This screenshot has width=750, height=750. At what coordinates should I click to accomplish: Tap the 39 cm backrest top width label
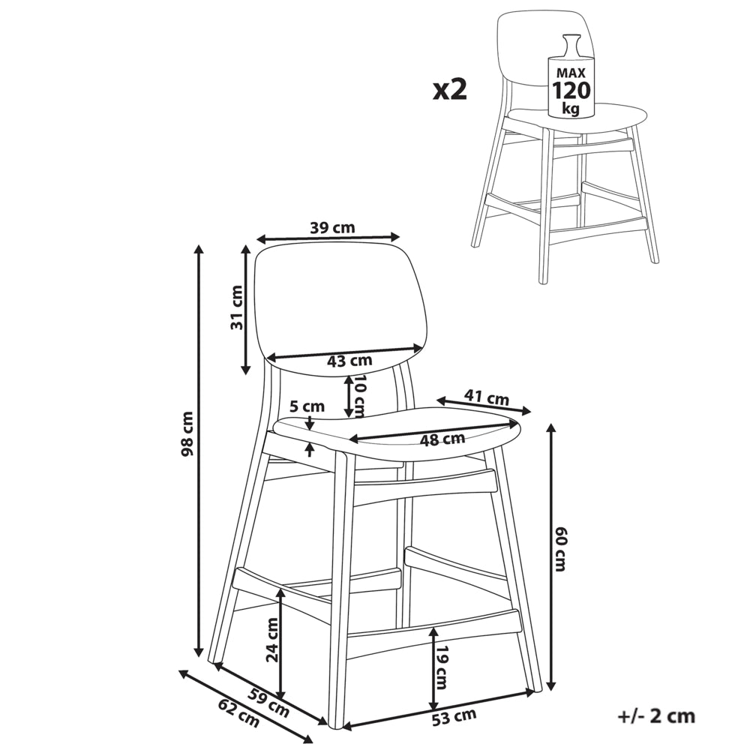tap(332, 227)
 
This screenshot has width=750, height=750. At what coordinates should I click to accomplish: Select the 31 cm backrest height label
tap(236, 307)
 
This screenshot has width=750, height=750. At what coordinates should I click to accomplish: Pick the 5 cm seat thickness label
tap(307, 406)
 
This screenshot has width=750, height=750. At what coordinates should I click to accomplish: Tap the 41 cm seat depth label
tap(487, 397)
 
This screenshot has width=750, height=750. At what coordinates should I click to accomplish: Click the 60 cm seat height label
tap(559, 549)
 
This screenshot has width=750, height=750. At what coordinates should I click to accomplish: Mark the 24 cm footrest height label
tap(272, 640)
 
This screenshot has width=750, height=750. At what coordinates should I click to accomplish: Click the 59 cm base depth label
tap(268, 703)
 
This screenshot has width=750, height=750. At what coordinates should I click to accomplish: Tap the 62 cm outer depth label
tap(238, 712)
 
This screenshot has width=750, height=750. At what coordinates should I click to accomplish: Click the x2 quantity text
tap(449, 90)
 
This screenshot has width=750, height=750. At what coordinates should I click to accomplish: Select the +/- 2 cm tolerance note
tap(656, 716)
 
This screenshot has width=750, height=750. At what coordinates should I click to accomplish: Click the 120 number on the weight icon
tap(571, 89)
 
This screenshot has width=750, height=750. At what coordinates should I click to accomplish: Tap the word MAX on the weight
tap(571, 73)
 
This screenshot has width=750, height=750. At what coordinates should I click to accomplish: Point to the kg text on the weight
tap(571, 108)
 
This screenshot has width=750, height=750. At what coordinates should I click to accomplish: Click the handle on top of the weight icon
tap(571, 46)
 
